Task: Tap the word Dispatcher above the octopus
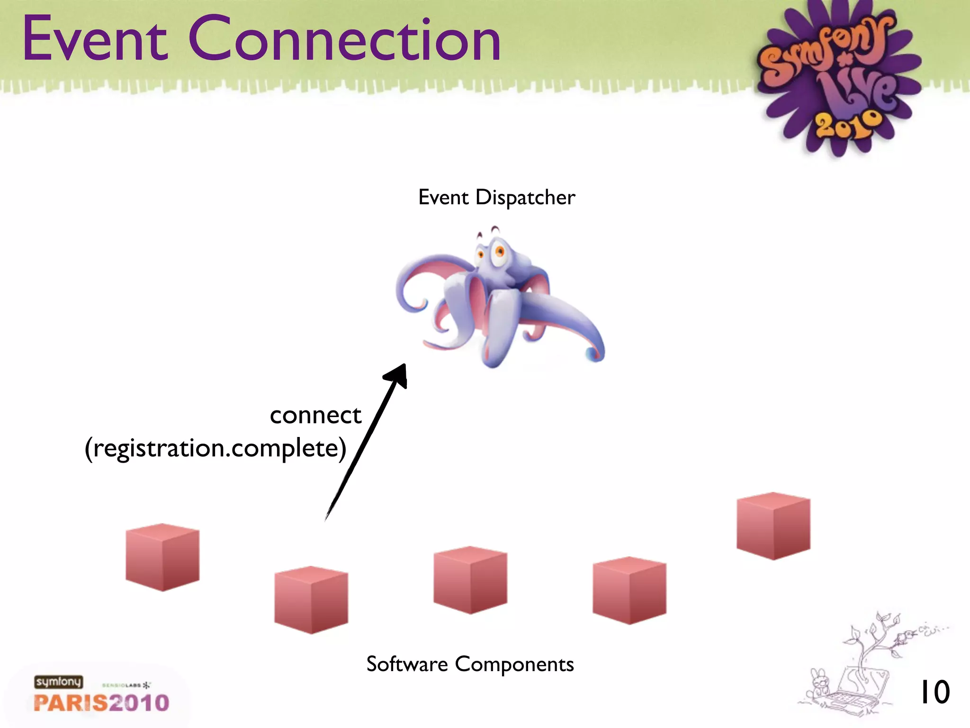pyautogui.click(x=525, y=198)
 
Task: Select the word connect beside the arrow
pyautogui.click(x=315, y=416)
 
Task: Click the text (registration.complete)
pyautogui.click(x=216, y=448)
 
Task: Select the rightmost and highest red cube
pyautogui.click(x=773, y=526)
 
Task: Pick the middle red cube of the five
pyautogui.click(x=470, y=580)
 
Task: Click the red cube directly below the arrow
pyautogui.click(x=311, y=600)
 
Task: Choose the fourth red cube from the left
pyautogui.click(x=629, y=591)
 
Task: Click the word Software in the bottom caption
pyautogui.click(x=407, y=664)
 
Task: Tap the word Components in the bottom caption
pyautogui.click(x=514, y=664)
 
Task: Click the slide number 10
pyautogui.click(x=934, y=692)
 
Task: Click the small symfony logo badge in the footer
pyautogui.click(x=58, y=682)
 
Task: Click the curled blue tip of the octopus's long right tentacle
pyautogui.click(x=594, y=353)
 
